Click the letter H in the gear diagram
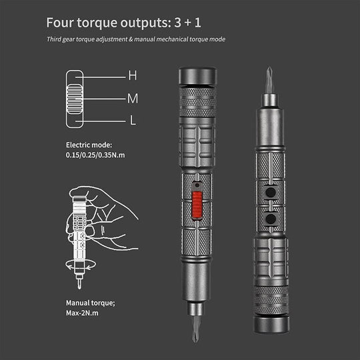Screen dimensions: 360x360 (x=132, y=76)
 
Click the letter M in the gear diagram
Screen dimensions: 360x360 (x=132, y=98)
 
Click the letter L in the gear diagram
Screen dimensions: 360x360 (x=133, y=121)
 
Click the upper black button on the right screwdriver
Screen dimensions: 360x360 (x=271, y=193)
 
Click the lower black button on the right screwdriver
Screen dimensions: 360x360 (x=271, y=219)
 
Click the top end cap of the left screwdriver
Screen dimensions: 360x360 (x=197, y=75)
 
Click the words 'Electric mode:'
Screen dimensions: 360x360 (x=89, y=145)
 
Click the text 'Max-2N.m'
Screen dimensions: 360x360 (x=85, y=315)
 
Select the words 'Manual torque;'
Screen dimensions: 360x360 (x=90, y=303)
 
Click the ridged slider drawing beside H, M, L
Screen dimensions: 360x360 (x=75, y=99)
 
